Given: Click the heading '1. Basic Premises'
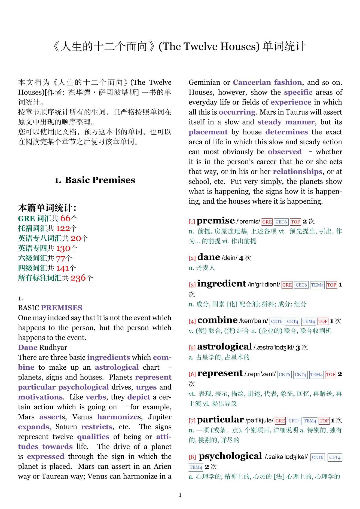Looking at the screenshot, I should tap(95, 180).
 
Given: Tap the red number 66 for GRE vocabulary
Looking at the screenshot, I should tap(65, 218).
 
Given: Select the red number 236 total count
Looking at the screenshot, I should tap(78, 278).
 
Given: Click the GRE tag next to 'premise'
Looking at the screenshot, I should tap(267, 222).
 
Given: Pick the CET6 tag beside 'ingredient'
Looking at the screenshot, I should tap(301, 285).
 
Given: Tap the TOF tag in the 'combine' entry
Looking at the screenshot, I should tap(323, 321).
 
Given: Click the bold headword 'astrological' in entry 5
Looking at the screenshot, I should tap(224, 347).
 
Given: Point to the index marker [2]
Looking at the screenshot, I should tap(192, 258).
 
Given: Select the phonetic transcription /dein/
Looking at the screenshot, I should tap(230, 258).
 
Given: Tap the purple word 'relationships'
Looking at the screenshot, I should tap(297, 172).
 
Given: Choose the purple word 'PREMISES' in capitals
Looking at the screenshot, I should tap(62, 308).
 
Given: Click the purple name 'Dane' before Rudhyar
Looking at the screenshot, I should tap(28, 348).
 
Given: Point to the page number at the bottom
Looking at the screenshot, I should tap(180, 495).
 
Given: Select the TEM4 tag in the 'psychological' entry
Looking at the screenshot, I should tap(196, 467).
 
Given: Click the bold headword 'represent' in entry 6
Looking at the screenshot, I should tap(220, 373).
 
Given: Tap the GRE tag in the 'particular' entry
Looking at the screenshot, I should tap(280, 421).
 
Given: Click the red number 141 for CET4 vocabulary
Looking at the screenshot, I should tap(63, 268).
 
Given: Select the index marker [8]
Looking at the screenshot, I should tap(192, 457).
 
